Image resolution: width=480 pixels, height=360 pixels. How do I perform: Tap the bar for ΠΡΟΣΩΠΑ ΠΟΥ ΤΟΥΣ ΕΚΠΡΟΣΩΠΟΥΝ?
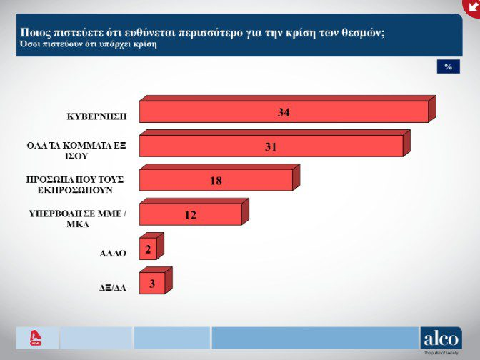214,180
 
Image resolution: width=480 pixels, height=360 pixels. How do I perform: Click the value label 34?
284,112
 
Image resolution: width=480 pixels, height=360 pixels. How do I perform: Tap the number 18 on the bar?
216,180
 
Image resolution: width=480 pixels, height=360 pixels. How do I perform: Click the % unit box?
448,66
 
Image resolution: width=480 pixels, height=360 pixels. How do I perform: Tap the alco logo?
440,338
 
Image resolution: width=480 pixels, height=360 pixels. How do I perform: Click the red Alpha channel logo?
34,338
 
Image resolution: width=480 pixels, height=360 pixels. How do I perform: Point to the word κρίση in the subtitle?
144,44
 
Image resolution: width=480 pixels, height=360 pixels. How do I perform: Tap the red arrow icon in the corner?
471,6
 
